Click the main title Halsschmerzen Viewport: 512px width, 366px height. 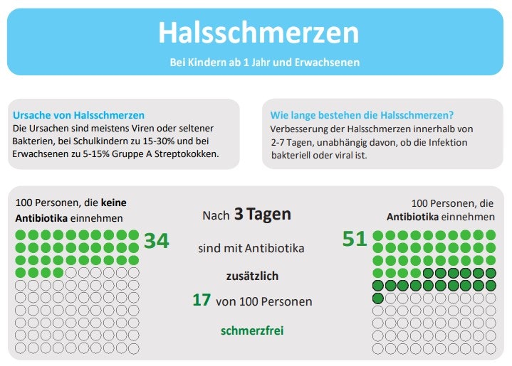[x=258, y=33]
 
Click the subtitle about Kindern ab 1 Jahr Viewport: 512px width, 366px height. [x=264, y=62]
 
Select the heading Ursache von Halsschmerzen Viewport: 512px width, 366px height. [x=78, y=114]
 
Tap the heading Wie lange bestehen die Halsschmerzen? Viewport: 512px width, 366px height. [x=362, y=114]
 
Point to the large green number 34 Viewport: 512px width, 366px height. [x=157, y=241]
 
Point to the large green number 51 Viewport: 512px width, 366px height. [x=355, y=239]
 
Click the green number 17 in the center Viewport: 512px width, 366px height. [x=202, y=300]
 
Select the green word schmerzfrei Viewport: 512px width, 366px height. [x=252, y=330]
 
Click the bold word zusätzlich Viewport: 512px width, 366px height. [x=253, y=275]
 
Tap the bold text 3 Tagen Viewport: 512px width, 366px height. [x=263, y=215]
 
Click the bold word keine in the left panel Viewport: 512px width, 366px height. [x=114, y=203]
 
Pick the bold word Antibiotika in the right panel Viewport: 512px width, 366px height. [x=412, y=217]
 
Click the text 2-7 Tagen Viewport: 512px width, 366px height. [x=293, y=141]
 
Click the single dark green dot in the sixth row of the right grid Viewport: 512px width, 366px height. [x=378, y=298]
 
